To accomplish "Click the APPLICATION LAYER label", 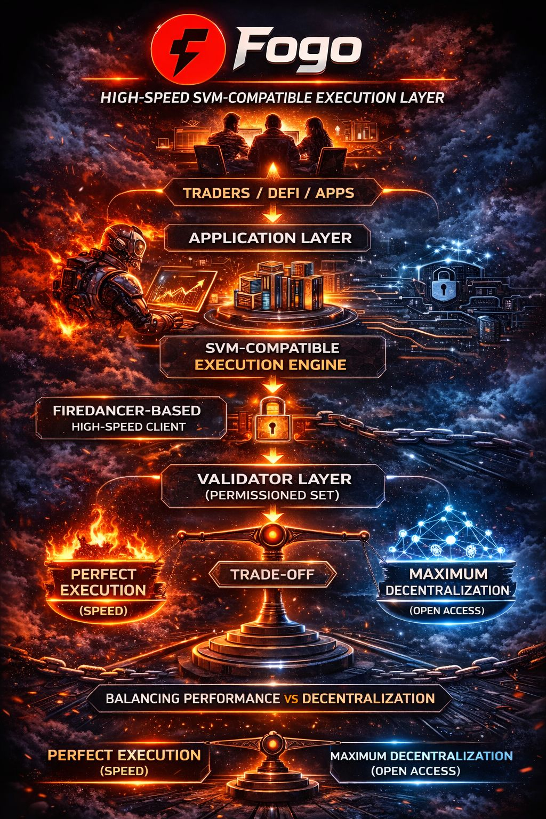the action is [x=270, y=238].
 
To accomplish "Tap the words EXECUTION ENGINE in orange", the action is [x=270, y=365].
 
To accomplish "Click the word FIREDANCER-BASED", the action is [x=127, y=411].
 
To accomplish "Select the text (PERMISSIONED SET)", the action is [x=272, y=495].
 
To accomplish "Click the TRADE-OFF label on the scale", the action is [x=272, y=575].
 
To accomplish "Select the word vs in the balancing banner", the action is [x=291, y=698].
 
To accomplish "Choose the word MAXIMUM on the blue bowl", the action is [x=448, y=574].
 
